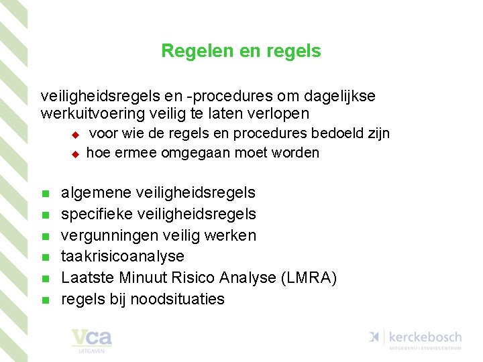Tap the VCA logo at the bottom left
coord(92,340)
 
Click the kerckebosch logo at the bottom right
coord(415,338)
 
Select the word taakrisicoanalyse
coord(123,257)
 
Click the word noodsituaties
coord(177,299)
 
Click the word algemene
coord(96,193)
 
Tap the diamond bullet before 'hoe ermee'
coord(76,154)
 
